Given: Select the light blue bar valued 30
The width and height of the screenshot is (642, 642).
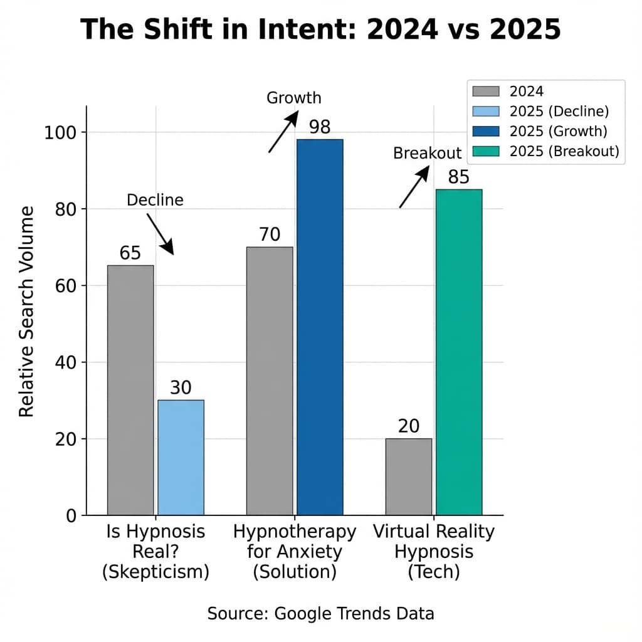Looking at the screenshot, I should pyautogui.click(x=181, y=457).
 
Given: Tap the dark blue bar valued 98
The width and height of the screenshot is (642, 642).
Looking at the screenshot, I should pyautogui.click(x=320, y=327).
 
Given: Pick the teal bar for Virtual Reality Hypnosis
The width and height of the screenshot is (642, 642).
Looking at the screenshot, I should pyautogui.click(x=459, y=352).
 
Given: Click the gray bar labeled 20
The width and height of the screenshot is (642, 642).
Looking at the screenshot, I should pyautogui.click(x=409, y=476).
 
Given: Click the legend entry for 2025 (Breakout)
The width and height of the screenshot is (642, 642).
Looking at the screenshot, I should pyautogui.click(x=545, y=150).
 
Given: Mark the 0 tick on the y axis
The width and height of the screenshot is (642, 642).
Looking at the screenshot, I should pyautogui.click(x=71, y=516).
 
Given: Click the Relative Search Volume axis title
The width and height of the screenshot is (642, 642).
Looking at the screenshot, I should pyautogui.click(x=26, y=312).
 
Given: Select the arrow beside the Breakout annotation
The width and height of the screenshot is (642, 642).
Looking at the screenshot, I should pyautogui.click(x=414, y=186).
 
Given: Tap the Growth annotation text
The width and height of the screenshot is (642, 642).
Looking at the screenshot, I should pyautogui.click(x=293, y=98).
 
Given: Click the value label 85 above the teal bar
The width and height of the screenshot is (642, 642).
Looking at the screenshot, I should pyautogui.click(x=459, y=177).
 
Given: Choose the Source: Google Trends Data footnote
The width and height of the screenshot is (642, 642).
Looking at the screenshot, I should pyautogui.click(x=320, y=613).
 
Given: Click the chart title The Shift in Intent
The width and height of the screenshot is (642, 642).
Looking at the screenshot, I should pyautogui.click(x=320, y=29).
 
